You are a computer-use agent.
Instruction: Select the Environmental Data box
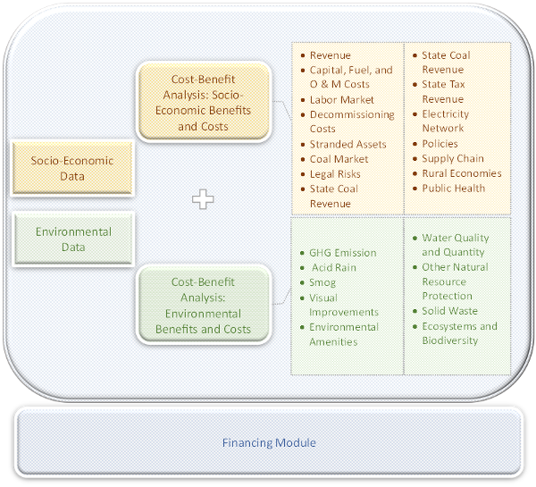[x=72, y=239]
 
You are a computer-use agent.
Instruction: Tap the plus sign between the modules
[x=203, y=199]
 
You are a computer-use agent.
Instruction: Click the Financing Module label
[x=269, y=442]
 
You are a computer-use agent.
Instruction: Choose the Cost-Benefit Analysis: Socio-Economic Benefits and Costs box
[x=203, y=103]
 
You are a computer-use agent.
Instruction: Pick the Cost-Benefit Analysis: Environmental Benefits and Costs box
[x=203, y=306]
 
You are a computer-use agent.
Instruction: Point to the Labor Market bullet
[x=341, y=100]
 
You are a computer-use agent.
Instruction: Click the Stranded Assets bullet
[x=348, y=144]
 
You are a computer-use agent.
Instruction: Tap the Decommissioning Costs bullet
[x=351, y=122]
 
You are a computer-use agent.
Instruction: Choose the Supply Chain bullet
[x=453, y=159]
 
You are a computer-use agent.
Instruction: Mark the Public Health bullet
[x=454, y=189]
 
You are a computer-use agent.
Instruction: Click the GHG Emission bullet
[x=342, y=253]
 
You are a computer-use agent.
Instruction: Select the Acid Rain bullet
[x=334, y=267]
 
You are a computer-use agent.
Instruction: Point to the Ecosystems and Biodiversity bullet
[x=459, y=333]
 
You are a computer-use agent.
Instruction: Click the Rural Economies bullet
[x=461, y=173]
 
